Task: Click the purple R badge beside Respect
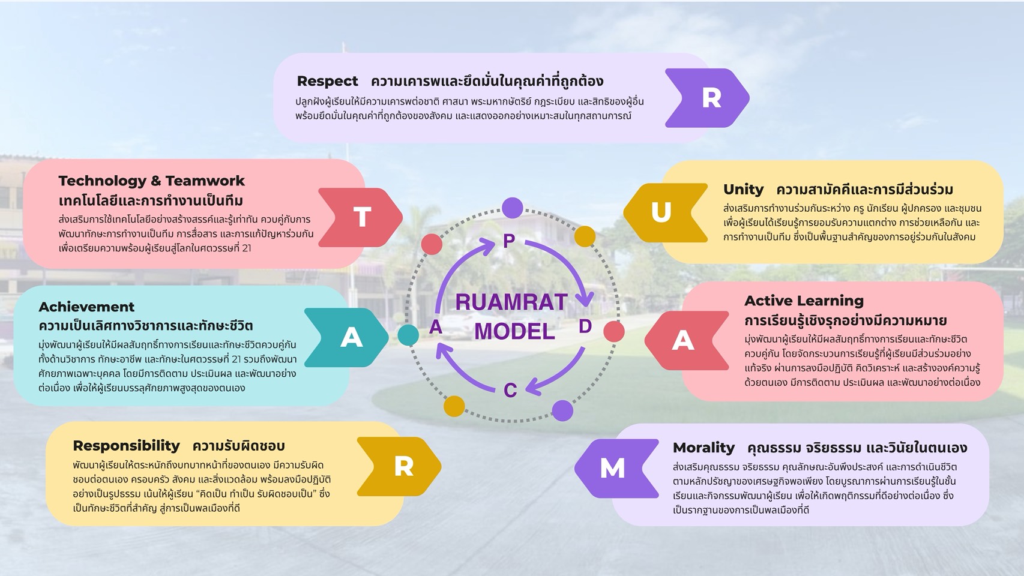(x=708, y=98)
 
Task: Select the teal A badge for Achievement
(x=349, y=337)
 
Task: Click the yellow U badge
(x=663, y=212)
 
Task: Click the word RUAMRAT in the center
(x=511, y=302)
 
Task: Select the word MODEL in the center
(x=514, y=331)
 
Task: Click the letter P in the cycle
(x=509, y=241)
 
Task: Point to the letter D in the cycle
(x=585, y=326)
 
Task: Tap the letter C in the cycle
(x=510, y=391)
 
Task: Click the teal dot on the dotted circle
(x=408, y=335)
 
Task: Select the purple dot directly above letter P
(x=512, y=208)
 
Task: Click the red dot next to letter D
(x=613, y=331)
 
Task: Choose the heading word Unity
(x=743, y=190)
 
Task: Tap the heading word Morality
(x=703, y=448)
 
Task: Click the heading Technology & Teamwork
(x=151, y=181)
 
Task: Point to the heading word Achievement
(x=86, y=307)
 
